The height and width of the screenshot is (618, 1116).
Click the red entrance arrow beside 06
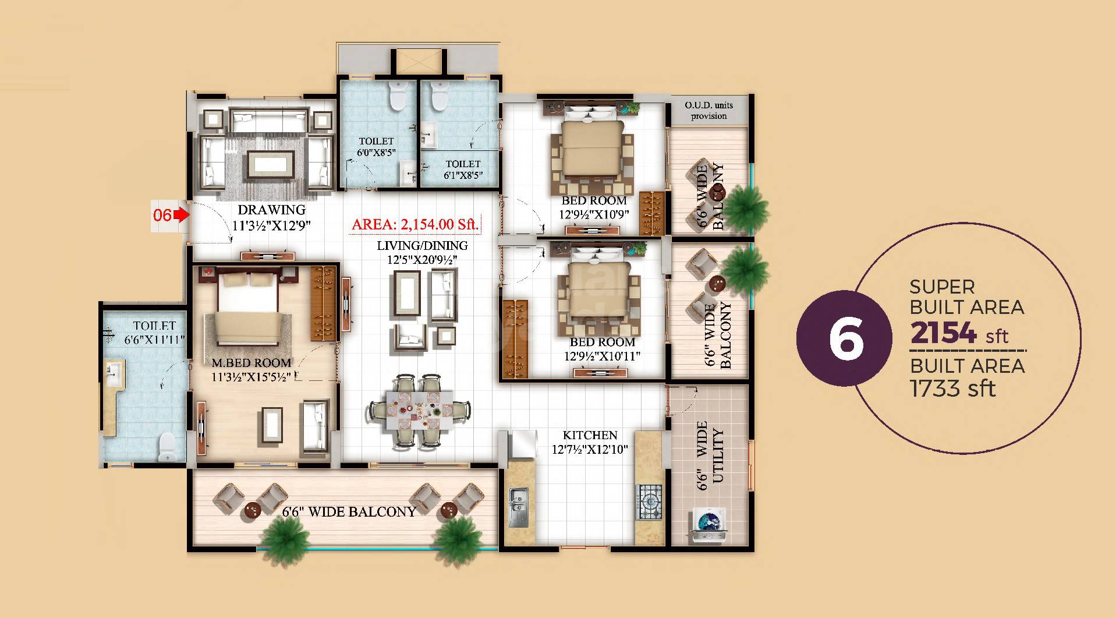(183, 215)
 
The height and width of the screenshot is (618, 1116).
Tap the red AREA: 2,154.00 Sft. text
(415, 224)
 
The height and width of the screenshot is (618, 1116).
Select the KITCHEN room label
(590, 435)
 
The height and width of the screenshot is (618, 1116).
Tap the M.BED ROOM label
(251, 363)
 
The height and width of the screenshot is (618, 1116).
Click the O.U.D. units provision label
(708, 110)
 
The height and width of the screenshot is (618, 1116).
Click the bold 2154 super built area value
(943, 333)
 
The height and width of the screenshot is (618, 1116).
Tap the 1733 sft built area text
(952, 388)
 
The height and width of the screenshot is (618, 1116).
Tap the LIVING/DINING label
(422, 246)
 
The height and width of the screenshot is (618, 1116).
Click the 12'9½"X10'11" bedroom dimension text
(602, 355)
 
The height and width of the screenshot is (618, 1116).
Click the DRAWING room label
(271, 210)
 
